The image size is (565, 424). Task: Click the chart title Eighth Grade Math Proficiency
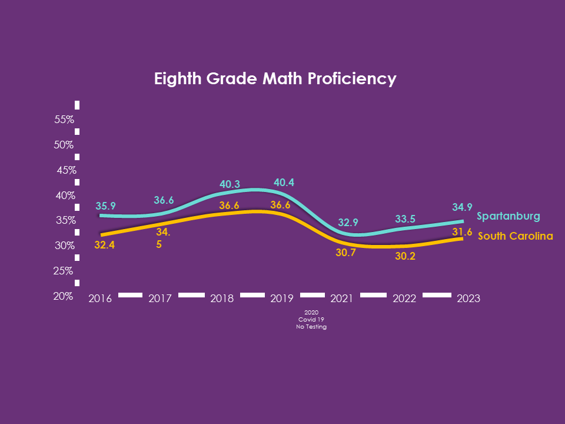click(275, 79)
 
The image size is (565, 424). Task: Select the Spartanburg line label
click(508, 216)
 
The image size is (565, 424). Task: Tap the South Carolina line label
click(515, 236)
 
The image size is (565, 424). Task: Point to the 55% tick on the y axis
click(64, 120)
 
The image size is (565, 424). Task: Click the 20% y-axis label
click(64, 296)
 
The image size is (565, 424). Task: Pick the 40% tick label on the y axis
click(64, 196)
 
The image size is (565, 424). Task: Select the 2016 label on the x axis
click(99, 299)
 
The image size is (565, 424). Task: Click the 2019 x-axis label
click(281, 299)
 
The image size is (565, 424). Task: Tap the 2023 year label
click(468, 299)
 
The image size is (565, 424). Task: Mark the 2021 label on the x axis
click(341, 299)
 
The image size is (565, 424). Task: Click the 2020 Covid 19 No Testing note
click(311, 319)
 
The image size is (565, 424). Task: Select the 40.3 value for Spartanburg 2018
click(230, 184)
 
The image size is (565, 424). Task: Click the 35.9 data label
click(105, 206)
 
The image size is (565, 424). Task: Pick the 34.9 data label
click(462, 207)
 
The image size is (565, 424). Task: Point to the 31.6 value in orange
click(462, 233)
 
